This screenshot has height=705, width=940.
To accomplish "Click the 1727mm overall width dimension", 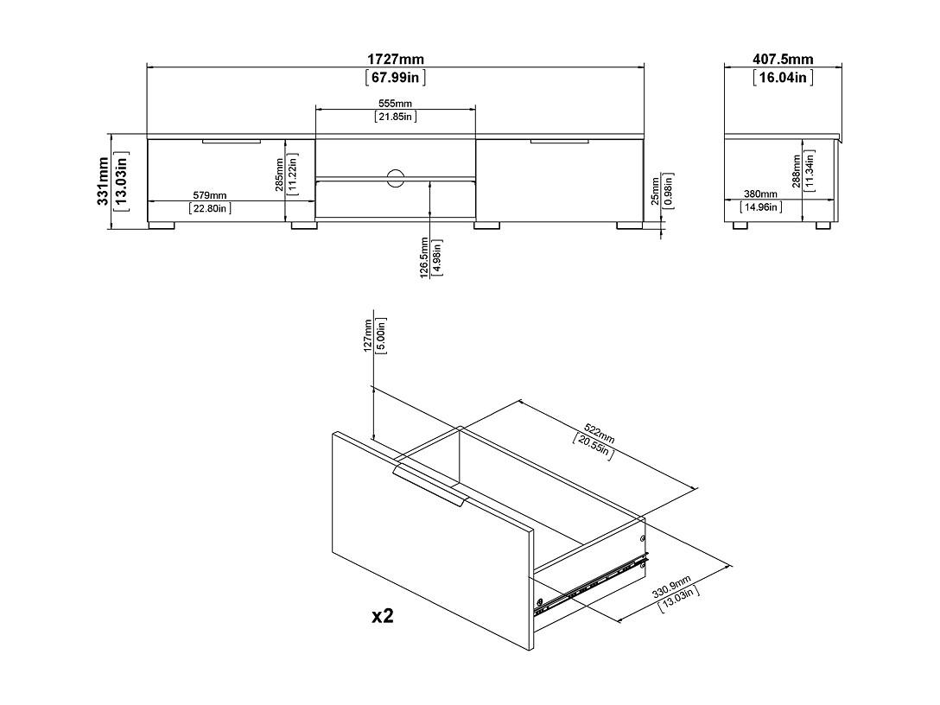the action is tap(395, 60).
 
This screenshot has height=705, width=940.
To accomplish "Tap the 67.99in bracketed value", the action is tap(395, 78).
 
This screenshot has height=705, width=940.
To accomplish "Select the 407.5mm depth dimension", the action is tap(783, 60).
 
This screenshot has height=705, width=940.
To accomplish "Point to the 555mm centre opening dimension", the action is tap(395, 104).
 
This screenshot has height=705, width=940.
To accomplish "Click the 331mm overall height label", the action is tap(103, 181).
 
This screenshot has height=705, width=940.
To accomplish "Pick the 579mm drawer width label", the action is tap(210, 195).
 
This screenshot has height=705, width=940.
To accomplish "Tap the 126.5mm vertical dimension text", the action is tap(424, 257).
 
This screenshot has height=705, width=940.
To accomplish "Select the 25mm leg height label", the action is tap(655, 191).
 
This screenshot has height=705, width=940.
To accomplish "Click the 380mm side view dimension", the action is tap(761, 194).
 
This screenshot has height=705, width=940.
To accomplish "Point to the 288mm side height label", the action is tap(796, 171).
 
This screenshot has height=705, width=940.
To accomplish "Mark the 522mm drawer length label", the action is tap(600, 433).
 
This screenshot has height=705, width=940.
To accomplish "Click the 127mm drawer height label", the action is tap(367, 335).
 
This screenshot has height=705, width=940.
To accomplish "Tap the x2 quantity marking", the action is tap(383, 615).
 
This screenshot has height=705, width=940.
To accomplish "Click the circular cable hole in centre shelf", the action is tap(395, 178).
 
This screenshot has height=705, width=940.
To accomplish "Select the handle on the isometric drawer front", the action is tap(429, 486).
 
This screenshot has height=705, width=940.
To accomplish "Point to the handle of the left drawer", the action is tap(232, 142).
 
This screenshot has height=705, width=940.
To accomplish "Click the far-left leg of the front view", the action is tap(162, 226).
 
